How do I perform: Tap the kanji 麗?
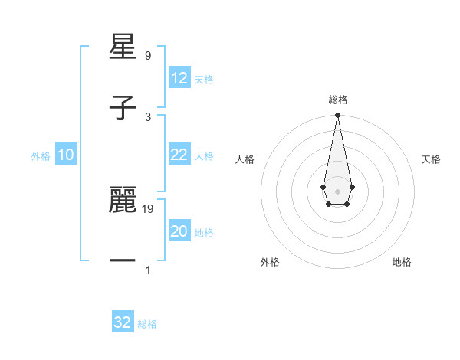(x=123, y=201)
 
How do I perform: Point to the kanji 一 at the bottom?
(x=123, y=261)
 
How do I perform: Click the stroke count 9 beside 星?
(x=147, y=56)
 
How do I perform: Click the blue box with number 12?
(x=179, y=78)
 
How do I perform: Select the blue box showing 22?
(x=179, y=155)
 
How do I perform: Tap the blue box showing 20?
(x=179, y=231)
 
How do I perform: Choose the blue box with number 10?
(x=66, y=155)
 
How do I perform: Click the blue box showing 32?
(x=123, y=322)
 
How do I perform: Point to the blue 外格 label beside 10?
(x=41, y=156)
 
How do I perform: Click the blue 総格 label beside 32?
(x=147, y=324)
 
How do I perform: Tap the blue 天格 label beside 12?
(x=204, y=80)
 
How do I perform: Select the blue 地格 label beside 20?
(x=204, y=233)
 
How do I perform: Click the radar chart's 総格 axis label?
(x=337, y=100)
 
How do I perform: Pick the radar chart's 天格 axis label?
(x=431, y=159)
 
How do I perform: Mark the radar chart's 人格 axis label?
(x=245, y=159)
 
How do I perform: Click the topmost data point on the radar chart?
(x=337, y=116)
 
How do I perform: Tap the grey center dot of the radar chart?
(x=337, y=190)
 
